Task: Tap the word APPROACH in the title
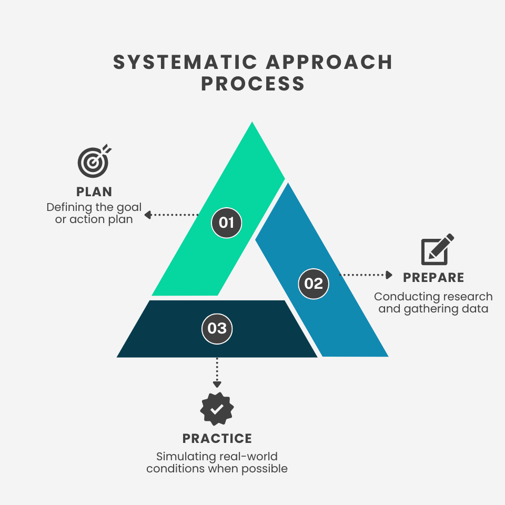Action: [x=329, y=63]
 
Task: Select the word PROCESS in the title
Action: [x=253, y=84]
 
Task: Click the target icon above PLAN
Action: [x=94, y=161]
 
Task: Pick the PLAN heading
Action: [x=94, y=191]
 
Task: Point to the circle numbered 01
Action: [x=226, y=223]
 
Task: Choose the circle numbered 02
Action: [x=314, y=284]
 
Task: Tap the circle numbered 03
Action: [x=217, y=329]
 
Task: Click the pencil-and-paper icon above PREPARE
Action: [x=437, y=250]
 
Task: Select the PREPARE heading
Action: [x=433, y=278]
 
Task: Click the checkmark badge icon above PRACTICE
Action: [x=217, y=409]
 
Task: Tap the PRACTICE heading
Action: [x=217, y=438]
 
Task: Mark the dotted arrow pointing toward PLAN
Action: [x=171, y=215]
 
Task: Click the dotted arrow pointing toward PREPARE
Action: [x=367, y=275]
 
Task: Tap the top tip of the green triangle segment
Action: [x=252, y=124]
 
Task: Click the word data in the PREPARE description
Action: [x=476, y=309]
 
